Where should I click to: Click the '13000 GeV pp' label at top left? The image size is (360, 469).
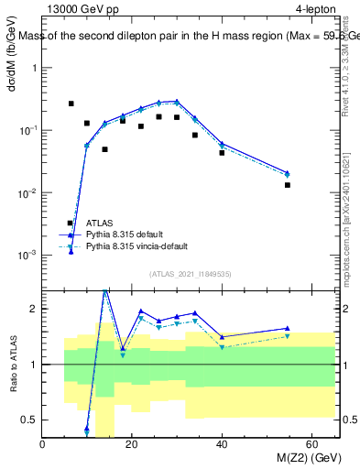click(81, 9)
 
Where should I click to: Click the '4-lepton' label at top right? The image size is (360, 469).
click(315, 9)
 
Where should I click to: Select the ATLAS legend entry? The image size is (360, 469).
click(100, 223)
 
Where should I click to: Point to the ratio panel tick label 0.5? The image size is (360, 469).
click(30, 420)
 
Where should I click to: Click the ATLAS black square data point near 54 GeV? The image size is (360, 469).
click(288, 185)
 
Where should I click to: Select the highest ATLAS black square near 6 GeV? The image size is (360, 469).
click(71, 104)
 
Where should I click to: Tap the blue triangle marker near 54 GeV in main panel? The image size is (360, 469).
click(288, 172)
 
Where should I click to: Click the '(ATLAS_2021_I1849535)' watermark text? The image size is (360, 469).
click(190, 273)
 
